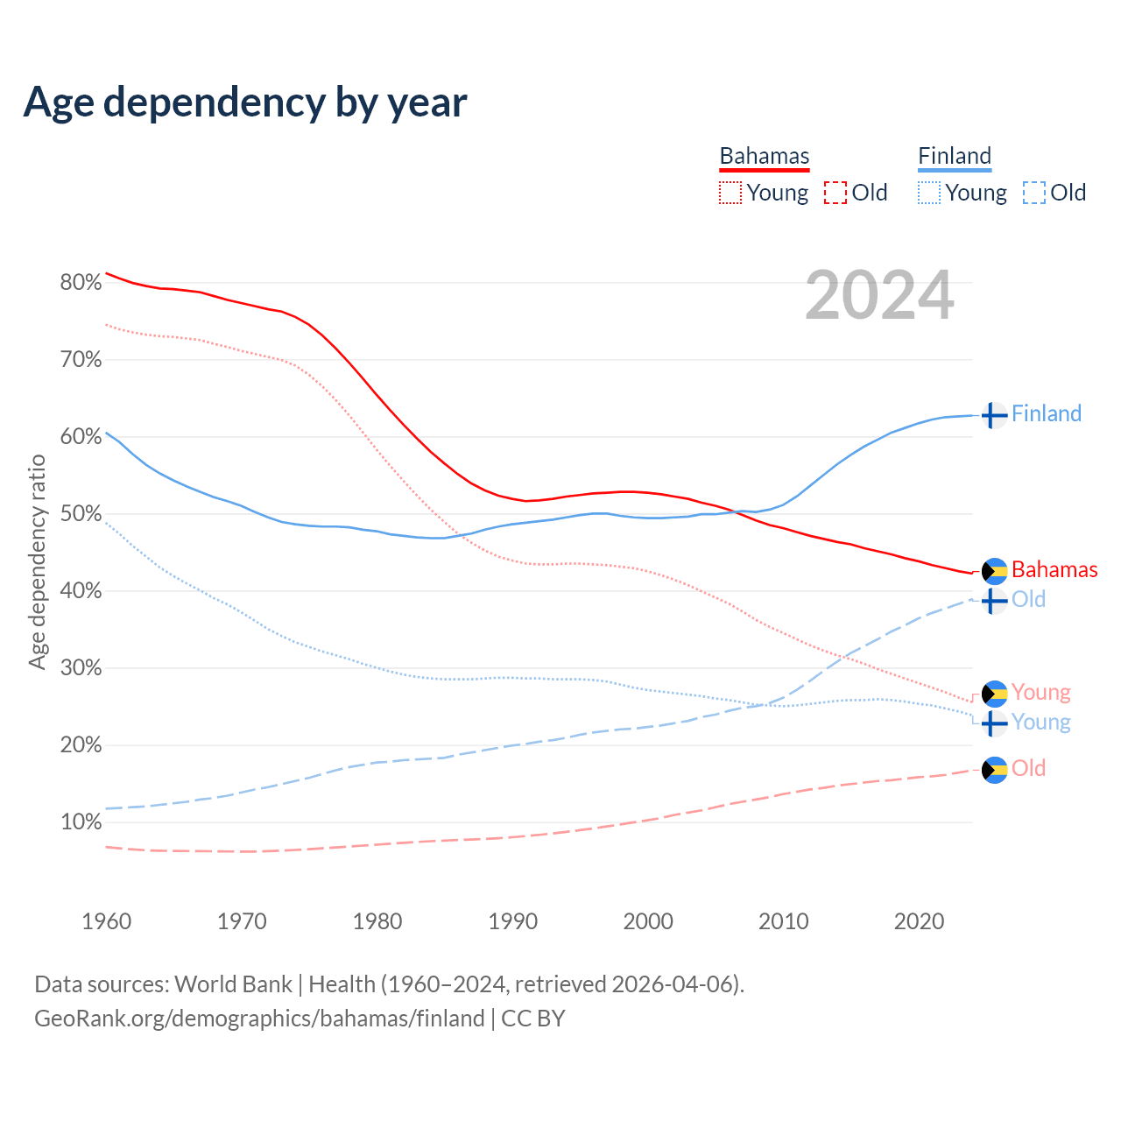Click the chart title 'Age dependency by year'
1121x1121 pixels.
pos(245,102)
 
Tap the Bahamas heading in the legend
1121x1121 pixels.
pos(765,157)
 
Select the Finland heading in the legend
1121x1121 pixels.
pos(955,157)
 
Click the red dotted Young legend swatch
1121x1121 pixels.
pos(730,193)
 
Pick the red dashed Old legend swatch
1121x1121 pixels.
pos(835,193)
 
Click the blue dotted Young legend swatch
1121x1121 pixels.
pos(929,193)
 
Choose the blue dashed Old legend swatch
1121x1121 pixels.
pos(1034,193)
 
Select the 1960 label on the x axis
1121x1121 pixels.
pos(106,921)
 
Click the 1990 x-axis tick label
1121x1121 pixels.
pos(512,921)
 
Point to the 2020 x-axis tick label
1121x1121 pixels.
pos(919,921)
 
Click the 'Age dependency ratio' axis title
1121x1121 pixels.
pos(38,561)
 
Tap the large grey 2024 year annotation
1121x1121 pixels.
pos(879,296)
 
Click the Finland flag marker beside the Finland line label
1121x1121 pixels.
pos(993,415)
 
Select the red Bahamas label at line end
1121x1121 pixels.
pos(1054,570)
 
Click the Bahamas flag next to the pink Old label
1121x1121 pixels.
pos(994,770)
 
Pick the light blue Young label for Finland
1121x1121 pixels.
pos(1040,723)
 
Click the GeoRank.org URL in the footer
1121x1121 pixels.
pos(259,1019)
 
